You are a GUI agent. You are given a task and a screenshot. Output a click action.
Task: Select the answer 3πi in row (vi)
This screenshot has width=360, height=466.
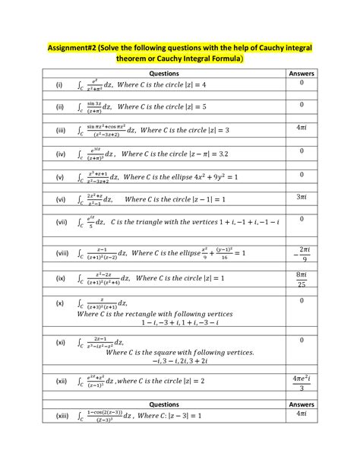pos(302,197)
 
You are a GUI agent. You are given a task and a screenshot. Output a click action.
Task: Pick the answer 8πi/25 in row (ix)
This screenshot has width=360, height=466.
pos(302,278)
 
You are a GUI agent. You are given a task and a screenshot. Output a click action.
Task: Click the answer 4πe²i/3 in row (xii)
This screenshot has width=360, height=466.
pos(302,382)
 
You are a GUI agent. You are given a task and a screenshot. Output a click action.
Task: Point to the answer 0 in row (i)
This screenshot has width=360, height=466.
pos(302,82)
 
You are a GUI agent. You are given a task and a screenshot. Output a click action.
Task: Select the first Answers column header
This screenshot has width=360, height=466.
pos(302,73)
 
